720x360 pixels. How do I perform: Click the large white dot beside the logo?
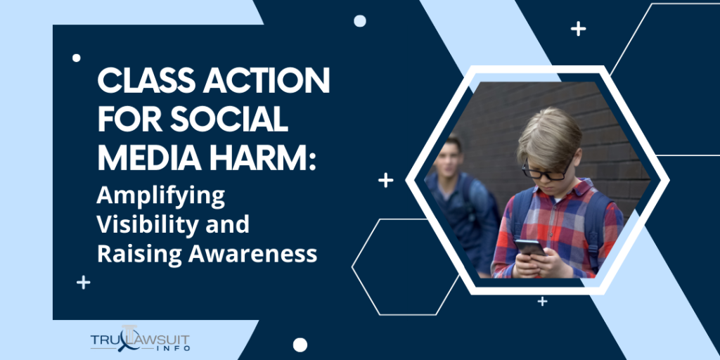pos(300,345)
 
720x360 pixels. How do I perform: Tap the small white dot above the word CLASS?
pos(77,58)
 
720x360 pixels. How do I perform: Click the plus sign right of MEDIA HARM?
pos(385,181)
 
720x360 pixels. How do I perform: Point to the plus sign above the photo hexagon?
pos(578,29)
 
